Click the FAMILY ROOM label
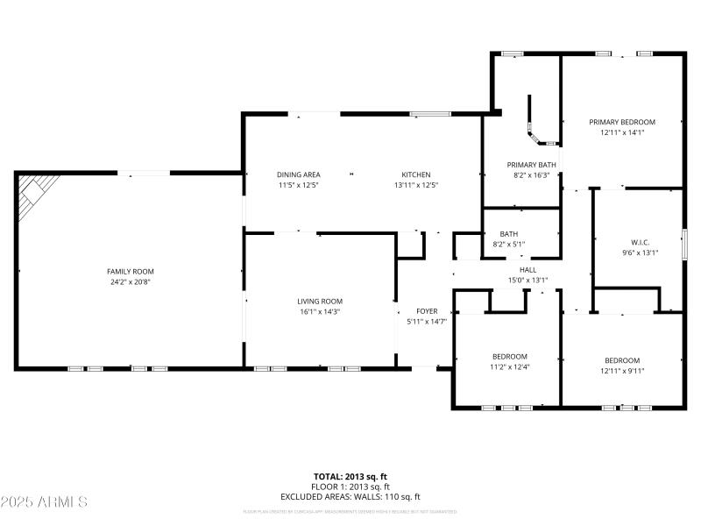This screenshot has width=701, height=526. [x=130, y=271]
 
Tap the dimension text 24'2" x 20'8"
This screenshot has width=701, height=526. [x=130, y=282]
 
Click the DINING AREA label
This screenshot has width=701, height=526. [x=298, y=174]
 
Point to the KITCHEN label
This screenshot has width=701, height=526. [x=416, y=174]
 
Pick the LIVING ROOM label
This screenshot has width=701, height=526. [x=319, y=301]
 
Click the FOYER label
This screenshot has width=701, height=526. [x=427, y=311]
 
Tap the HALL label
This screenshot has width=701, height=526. [x=528, y=270]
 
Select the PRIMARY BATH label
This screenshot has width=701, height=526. [x=532, y=164]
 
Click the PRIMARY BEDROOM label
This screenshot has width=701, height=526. [x=622, y=122]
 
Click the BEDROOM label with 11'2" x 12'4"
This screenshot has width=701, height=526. [x=509, y=356]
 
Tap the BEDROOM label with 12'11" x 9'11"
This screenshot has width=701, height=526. [x=622, y=360]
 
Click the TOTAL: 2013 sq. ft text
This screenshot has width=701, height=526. [x=350, y=476]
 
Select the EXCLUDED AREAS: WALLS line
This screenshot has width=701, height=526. [x=350, y=497]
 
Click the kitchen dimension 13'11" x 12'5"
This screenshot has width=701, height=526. [x=416, y=185]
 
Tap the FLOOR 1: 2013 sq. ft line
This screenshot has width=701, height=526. [x=350, y=487]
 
